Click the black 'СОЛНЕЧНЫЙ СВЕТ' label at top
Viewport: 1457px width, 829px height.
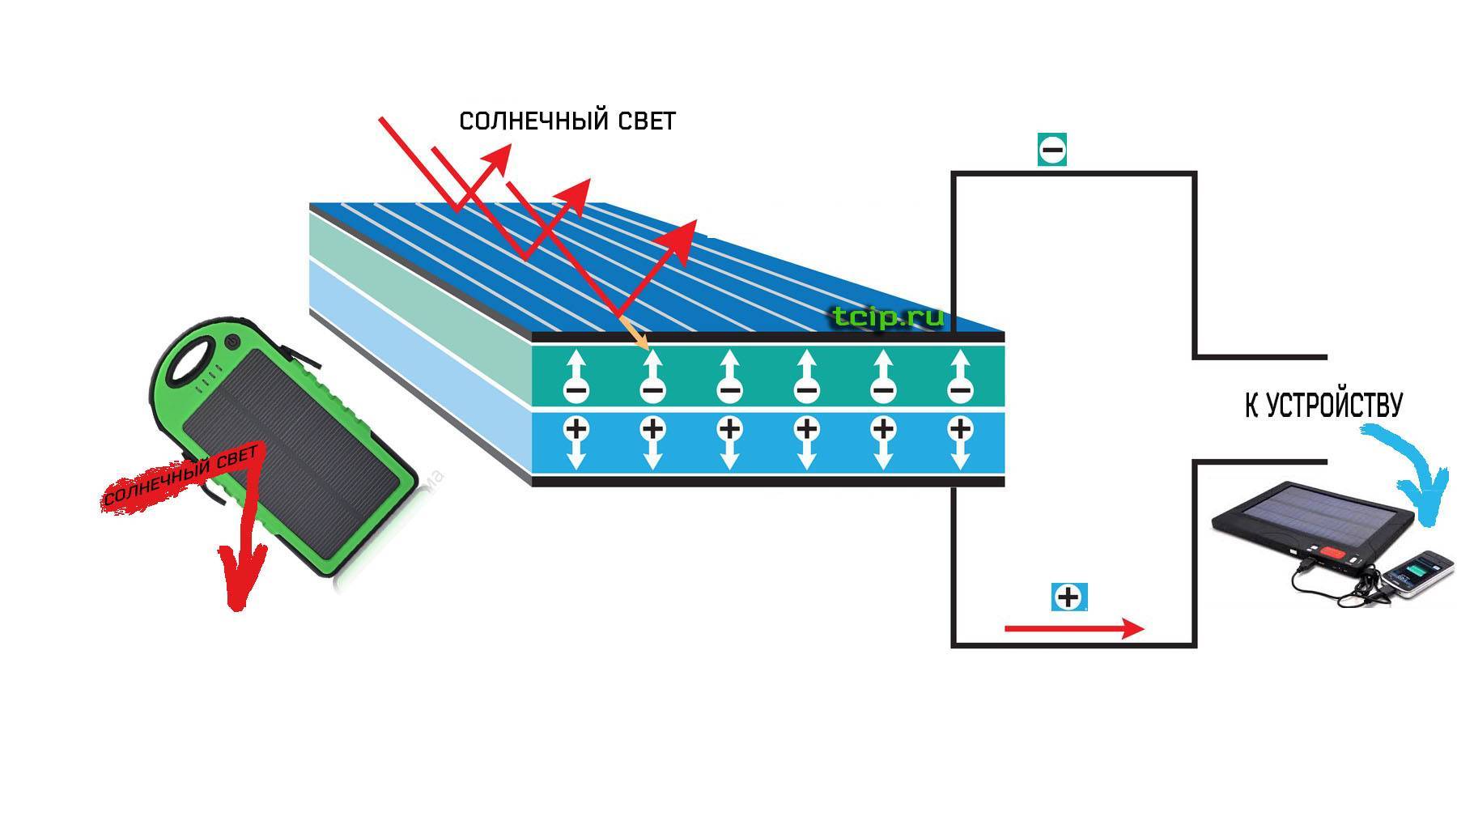coord(567,121)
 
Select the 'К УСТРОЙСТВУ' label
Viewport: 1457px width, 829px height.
coord(1323,406)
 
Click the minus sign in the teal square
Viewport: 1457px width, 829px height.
coord(1052,150)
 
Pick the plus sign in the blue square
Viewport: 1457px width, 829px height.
coord(1069,597)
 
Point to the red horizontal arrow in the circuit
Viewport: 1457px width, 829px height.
coord(1073,628)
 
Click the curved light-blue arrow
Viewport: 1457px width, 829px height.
coord(1412,478)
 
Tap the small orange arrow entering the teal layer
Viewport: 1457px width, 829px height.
coord(635,334)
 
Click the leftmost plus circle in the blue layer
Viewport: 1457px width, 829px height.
coord(576,427)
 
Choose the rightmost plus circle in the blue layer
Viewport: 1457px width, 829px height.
coord(960,427)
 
